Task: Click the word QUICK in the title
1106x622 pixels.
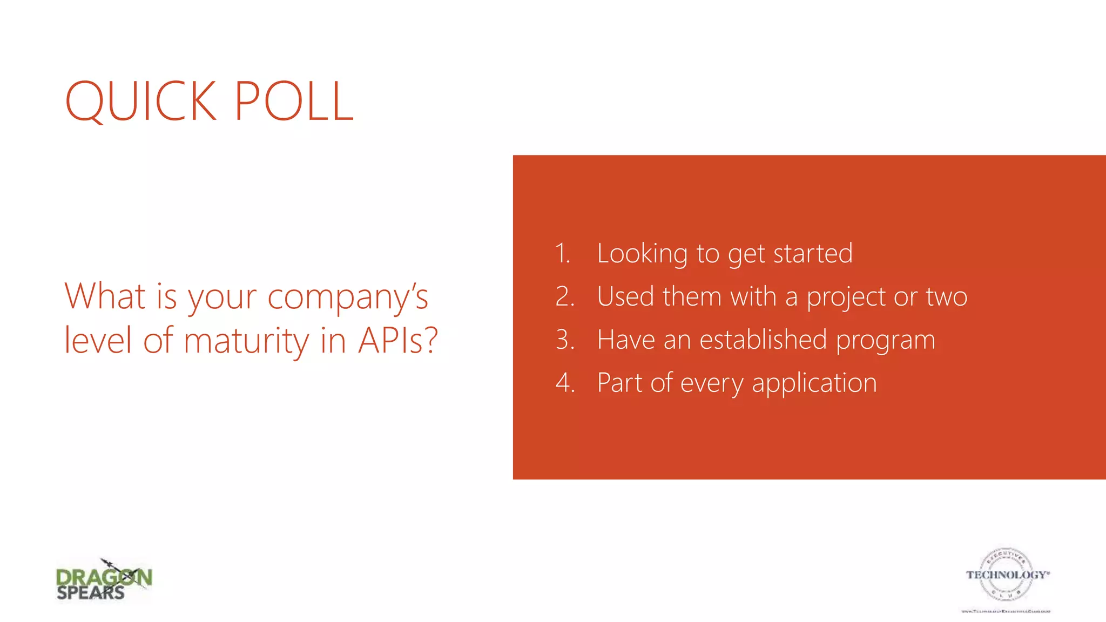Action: pos(141,101)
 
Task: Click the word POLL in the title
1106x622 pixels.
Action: pos(294,101)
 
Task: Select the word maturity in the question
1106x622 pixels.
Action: pos(247,341)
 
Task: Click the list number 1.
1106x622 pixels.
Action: pos(563,254)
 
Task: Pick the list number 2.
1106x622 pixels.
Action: pos(565,297)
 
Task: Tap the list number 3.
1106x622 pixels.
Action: pos(565,340)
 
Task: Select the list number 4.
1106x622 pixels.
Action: pos(565,383)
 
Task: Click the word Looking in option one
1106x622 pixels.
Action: pos(642,254)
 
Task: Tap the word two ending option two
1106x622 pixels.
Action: pos(947,297)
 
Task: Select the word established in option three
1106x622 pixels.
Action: pos(763,340)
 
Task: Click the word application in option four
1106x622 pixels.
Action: pos(814,384)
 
